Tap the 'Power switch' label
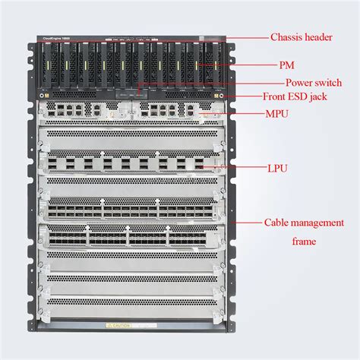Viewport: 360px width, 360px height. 313,82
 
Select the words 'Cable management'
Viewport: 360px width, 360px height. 300,223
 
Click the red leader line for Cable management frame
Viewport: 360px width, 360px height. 247,223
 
